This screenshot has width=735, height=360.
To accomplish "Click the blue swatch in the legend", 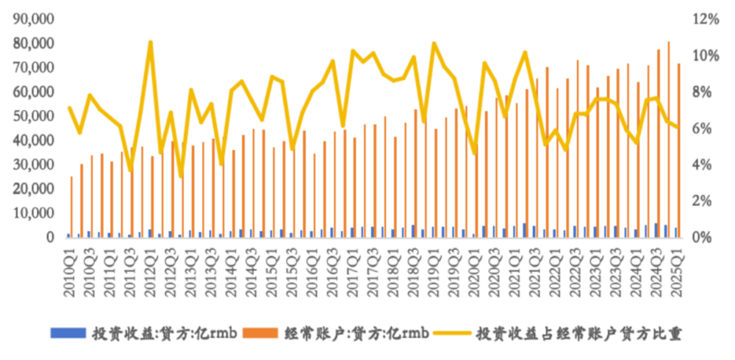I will point(68,334).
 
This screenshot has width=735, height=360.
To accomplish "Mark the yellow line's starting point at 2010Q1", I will point(68,107).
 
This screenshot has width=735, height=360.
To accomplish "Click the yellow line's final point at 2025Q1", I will point(676,128).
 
